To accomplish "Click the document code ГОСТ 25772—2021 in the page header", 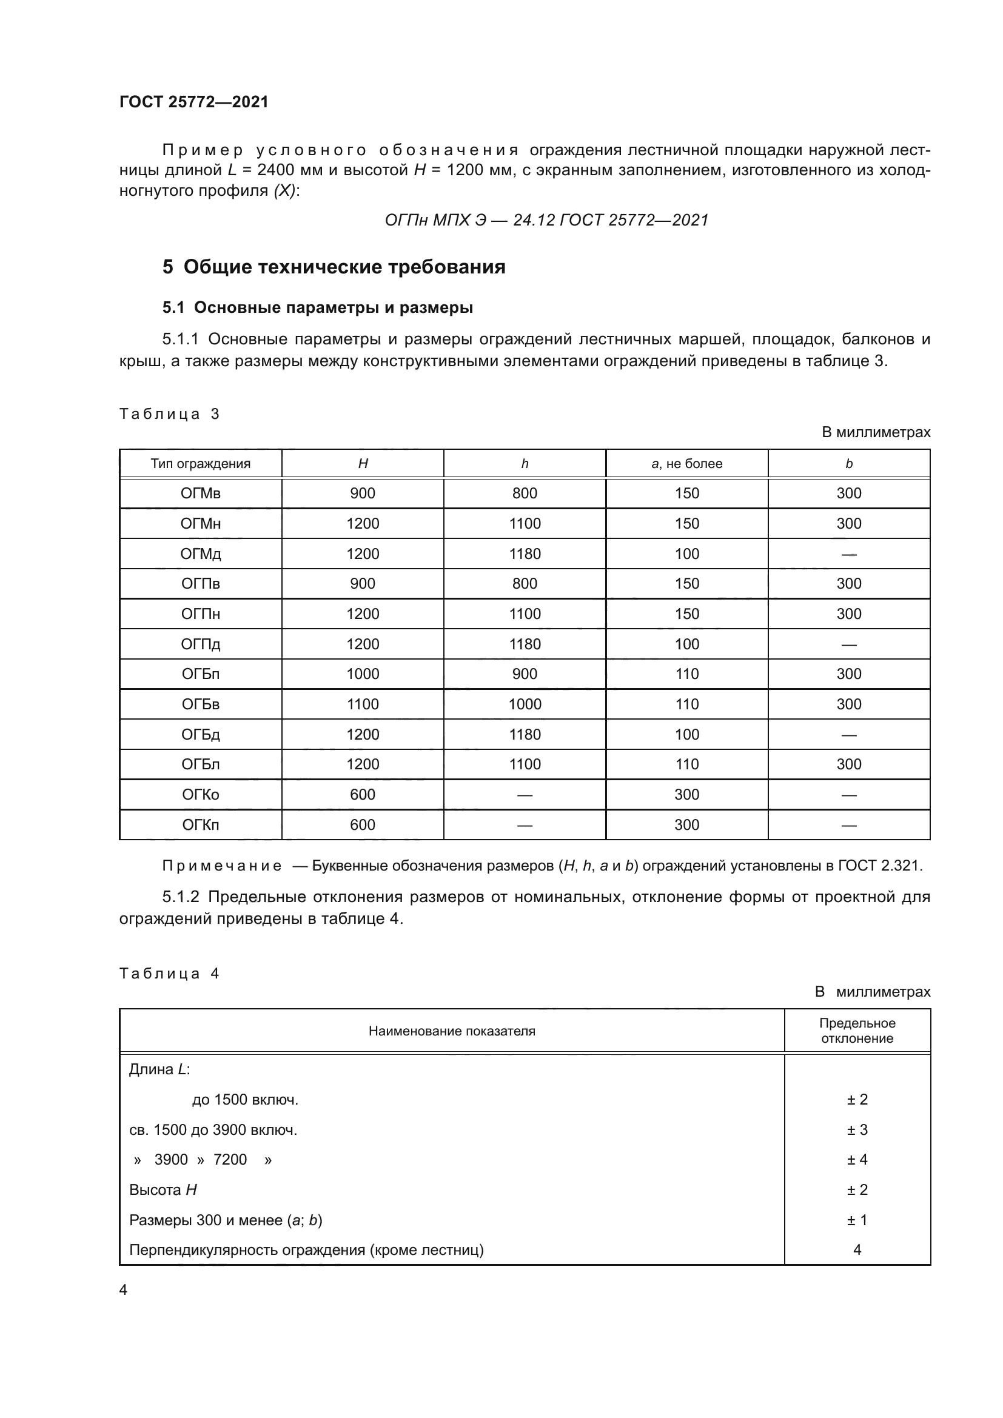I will click(x=194, y=102).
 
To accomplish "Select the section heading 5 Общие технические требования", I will click(x=334, y=267).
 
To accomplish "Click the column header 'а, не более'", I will click(x=687, y=464).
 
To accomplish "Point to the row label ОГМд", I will click(x=201, y=554).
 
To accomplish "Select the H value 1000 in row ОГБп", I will click(x=363, y=674).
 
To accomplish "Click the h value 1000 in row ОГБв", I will click(x=525, y=704).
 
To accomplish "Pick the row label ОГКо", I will click(x=201, y=794).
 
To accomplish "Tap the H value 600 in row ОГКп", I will click(x=363, y=824).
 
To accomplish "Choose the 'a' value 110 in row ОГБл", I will click(x=687, y=764).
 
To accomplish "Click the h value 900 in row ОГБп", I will click(x=525, y=674).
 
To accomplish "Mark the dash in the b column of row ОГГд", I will click(x=848, y=644).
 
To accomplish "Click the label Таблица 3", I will click(x=169, y=414).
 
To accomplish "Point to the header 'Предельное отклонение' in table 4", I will click(x=857, y=1031).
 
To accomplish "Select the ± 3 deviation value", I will click(x=857, y=1129).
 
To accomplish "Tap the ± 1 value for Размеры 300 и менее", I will click(x=857, y=1220).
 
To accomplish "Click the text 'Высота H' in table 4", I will click(x=163, y=1189).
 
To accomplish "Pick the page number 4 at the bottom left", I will click(x=123, y=1289).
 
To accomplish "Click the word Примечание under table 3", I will click(x=222, y=866).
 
